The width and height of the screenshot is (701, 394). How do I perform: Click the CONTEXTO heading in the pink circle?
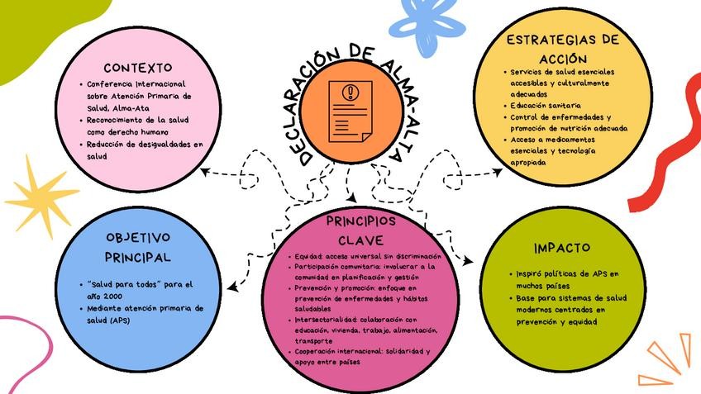click(138, 67)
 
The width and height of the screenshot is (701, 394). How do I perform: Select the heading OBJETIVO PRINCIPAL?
click(138, 247)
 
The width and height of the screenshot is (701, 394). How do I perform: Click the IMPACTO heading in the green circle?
click(561, 248)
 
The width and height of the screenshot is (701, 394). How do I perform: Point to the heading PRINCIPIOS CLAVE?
click(360, 231)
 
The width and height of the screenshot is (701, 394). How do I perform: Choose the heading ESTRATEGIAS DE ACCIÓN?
click(562, 50)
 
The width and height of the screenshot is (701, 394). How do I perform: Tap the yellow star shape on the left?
click(41, 195)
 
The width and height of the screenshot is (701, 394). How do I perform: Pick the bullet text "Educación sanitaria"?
click(545, 106)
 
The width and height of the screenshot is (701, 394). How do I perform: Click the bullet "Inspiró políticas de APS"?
click(566, 273)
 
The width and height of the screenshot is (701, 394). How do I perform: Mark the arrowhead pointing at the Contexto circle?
click(204, 172)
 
